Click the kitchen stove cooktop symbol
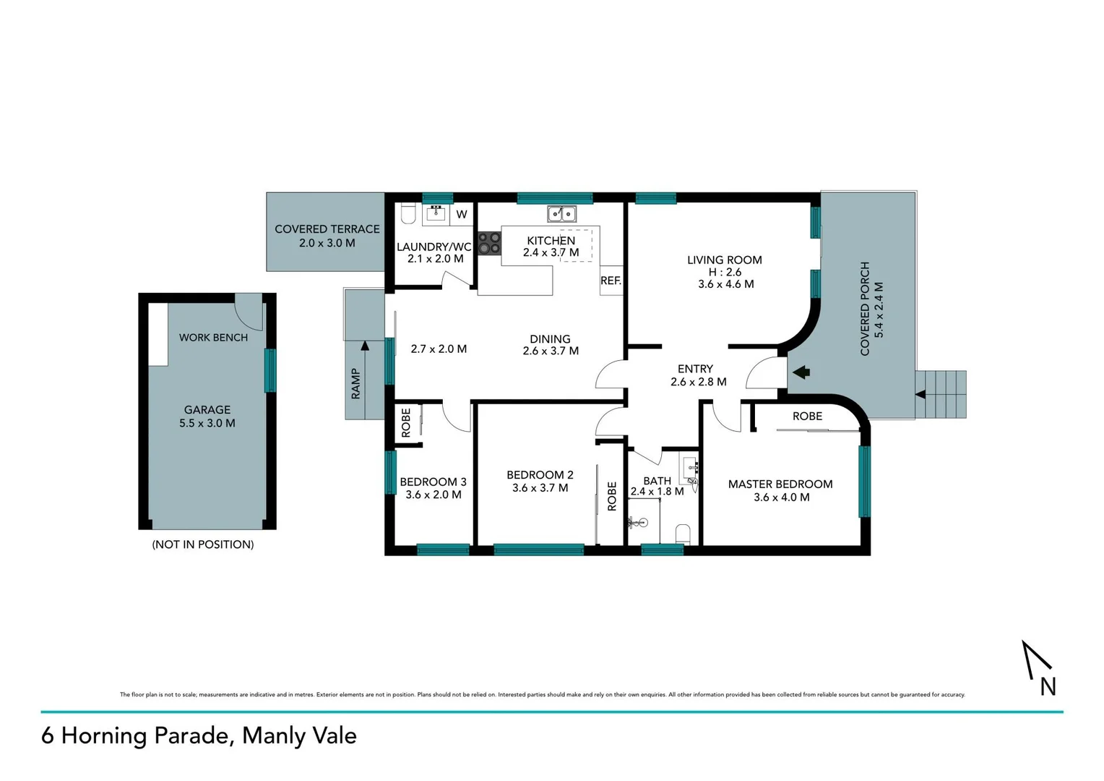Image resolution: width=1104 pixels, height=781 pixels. (x=489, y=243)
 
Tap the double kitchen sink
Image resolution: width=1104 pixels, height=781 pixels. (x=561, y=214)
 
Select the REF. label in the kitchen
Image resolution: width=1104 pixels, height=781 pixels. (x=611, y=281)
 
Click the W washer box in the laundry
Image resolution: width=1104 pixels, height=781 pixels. (x=462, y=214)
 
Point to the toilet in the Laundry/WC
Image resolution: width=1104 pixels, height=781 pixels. (x=408, y=213)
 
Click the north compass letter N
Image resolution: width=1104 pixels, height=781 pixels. (x=1048, y=686)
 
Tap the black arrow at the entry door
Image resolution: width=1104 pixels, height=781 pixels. (x=801, y=372)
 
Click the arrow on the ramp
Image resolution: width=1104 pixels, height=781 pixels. (x=365, y=346)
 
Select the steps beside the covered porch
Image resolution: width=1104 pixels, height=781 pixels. (x=941, y=394)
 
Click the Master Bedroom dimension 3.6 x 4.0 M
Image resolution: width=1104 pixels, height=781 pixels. (x=781, y=498)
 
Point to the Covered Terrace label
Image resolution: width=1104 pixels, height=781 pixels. (x=327, y=229)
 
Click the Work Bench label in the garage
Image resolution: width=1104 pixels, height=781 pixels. (x=213, y=338)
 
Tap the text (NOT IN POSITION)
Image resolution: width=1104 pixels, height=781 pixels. (x=203, y=545)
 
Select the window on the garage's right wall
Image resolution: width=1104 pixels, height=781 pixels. (x=270, y=370)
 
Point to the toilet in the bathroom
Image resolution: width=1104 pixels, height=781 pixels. (x=683, y=534)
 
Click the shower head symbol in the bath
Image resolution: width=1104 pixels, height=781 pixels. (x=639, y=521)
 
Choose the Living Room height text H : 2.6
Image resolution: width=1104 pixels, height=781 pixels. (x=725, y=272)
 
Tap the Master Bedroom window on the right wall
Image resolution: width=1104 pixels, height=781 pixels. (x=864, y=482)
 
